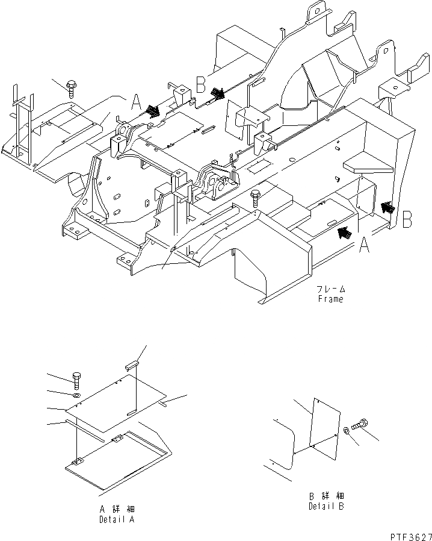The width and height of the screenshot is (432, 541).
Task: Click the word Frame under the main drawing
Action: coord(331,299)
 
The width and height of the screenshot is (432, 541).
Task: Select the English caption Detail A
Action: coord(117,519)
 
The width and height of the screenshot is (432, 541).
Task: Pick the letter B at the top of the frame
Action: coord(202,83)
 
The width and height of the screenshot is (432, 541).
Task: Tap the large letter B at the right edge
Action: coord(407,219)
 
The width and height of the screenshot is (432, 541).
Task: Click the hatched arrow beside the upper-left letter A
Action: coord(152,111)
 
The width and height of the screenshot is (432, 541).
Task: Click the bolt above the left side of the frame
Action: coord(72,89)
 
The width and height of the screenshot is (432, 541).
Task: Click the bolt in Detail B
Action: coord(362,425)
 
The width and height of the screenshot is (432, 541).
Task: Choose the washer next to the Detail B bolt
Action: coord(348,430)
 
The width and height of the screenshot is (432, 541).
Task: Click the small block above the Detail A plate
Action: coord(132,365)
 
